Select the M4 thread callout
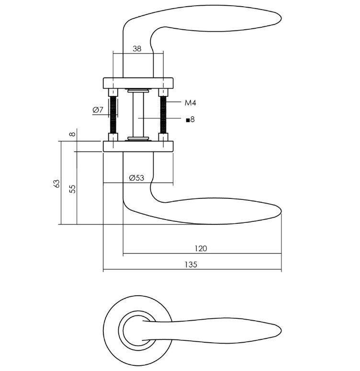coord(191,103)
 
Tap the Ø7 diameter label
coord(98,110)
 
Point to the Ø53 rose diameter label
coord(136,178)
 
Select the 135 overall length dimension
coord(191,265)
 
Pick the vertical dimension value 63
coord(56,184)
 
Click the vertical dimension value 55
coord(72,188)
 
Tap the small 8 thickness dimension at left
coord(72,134)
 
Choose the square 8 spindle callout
coord(190,119)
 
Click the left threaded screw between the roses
coord(113,115)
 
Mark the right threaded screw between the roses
coord(163,115)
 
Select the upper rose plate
coord(138,82)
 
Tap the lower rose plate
coord(138,146)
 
